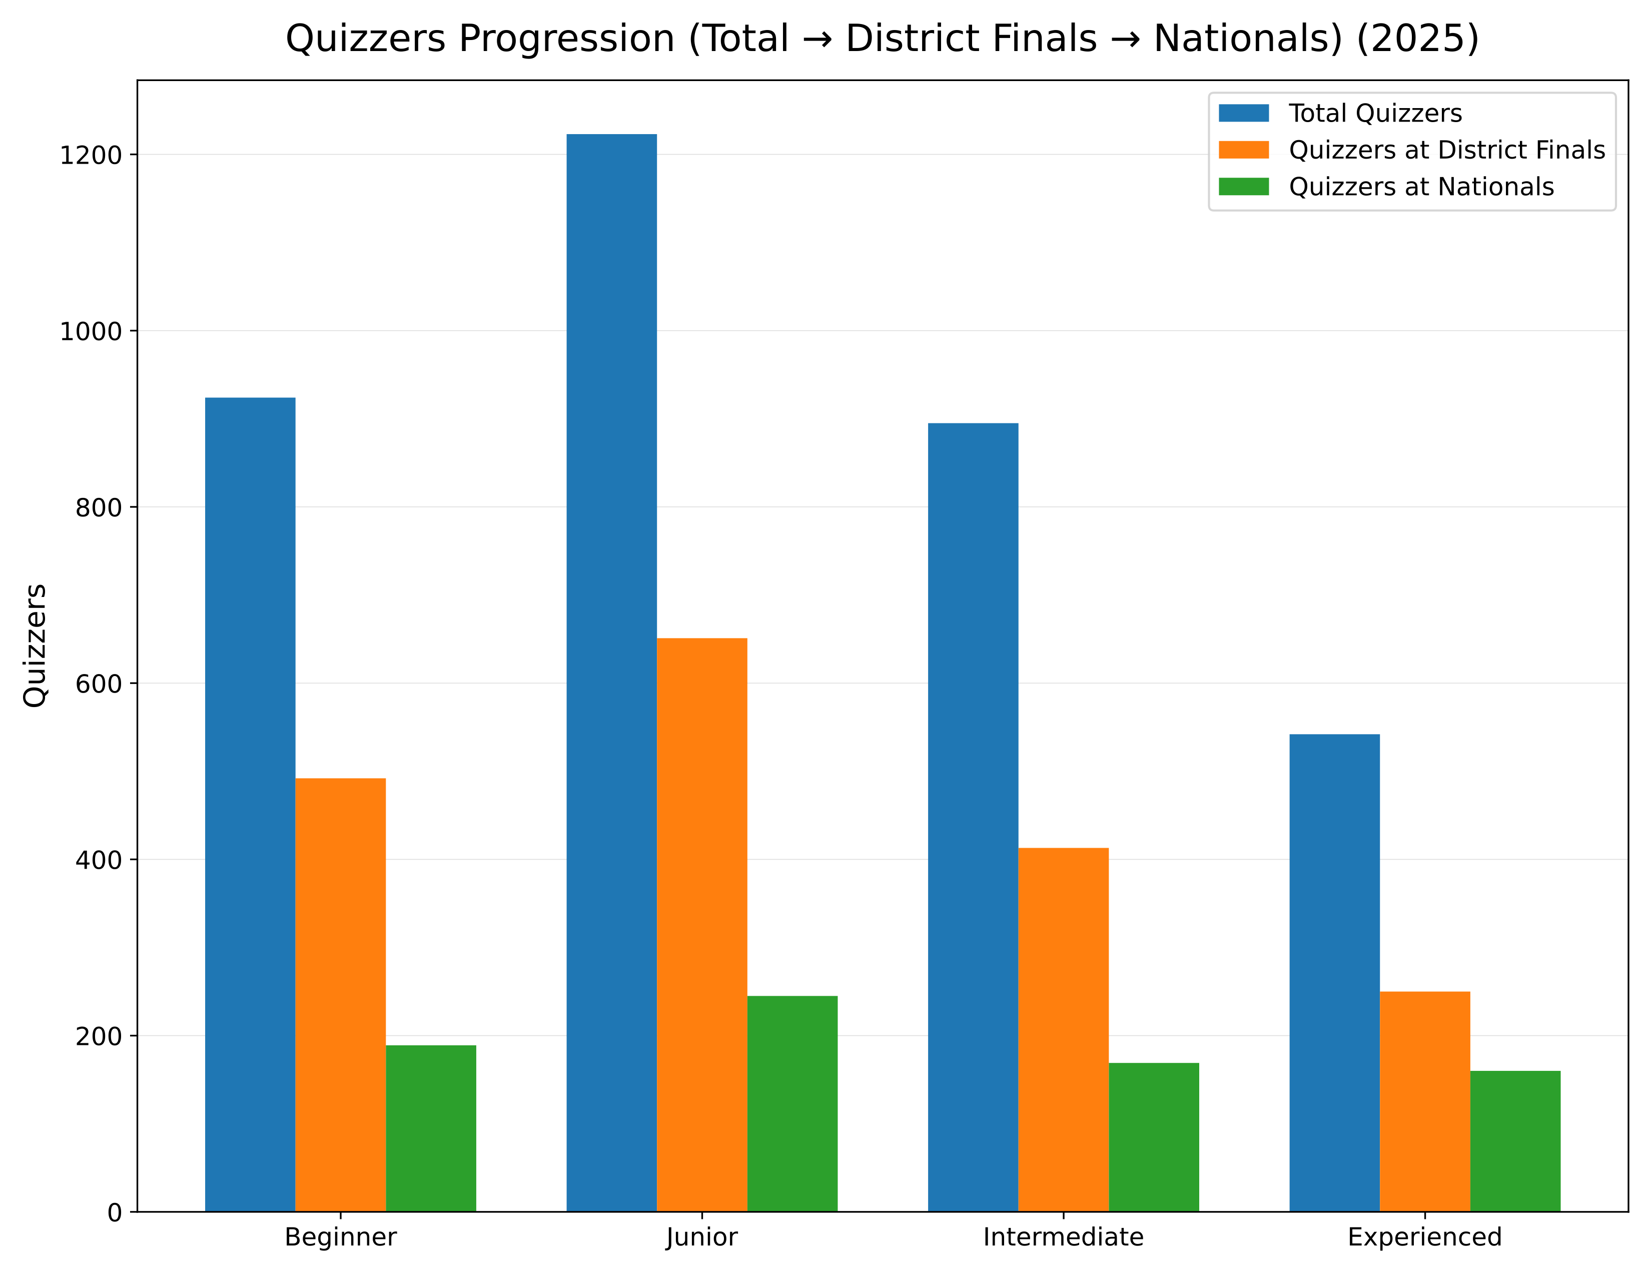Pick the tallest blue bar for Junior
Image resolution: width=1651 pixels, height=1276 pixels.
click(x=611, y=672)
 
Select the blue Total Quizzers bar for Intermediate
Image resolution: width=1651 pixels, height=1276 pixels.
click(x=973, y=817)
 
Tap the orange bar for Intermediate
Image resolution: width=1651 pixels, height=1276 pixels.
click(x=1063, y=1029)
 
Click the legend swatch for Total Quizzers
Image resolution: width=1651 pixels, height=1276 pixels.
click(x=1244, y=114)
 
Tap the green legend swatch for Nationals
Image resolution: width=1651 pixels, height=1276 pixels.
click(x=1244, y=187)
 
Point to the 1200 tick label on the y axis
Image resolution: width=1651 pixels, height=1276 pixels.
click(x=91, y=155)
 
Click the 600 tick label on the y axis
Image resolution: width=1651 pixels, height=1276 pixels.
click(x=98, y=684)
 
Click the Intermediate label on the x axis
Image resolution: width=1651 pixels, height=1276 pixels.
click(x=1063, y=1238)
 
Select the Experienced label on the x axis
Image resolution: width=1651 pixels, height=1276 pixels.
click(x=1424, y=1238)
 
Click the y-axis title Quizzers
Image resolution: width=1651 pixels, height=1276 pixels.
click(x=36, y=645)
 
